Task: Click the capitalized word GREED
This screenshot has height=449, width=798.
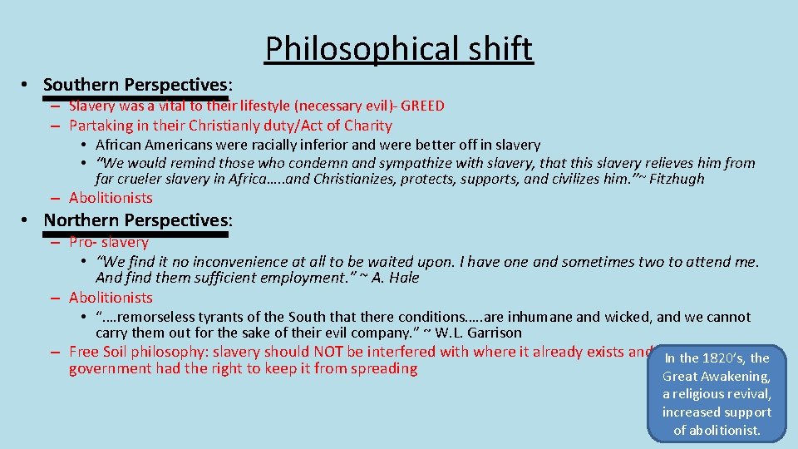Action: click(x=423, y=106)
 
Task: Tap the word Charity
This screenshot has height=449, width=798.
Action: click(x=369, y=126)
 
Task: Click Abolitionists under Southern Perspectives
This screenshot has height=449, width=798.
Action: click(x=111, y=198)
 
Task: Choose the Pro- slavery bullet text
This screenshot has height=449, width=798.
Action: click(x=108, y=242)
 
